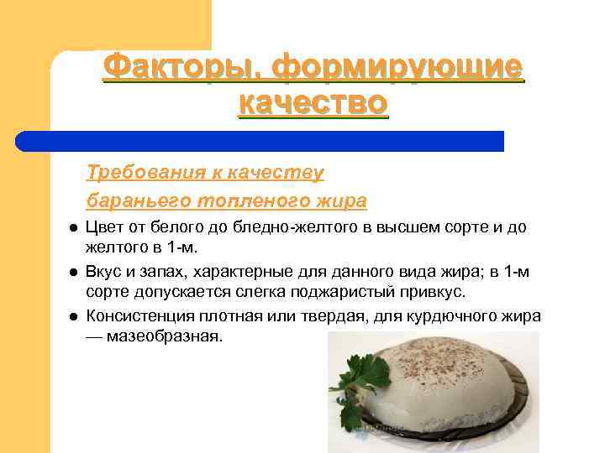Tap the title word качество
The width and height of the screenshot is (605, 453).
[313, 104]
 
